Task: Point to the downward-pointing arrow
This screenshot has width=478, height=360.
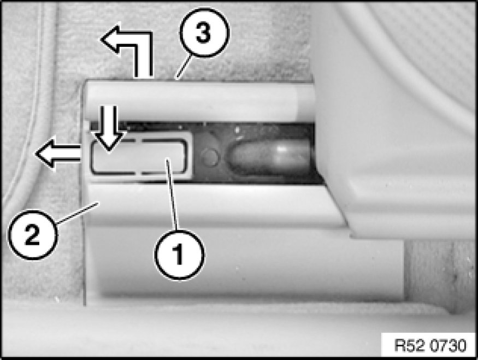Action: [x=109, y=128]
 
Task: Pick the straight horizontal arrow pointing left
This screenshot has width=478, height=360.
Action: [x=58, y=154]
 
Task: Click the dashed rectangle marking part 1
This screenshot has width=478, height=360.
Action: [x=139, y=157]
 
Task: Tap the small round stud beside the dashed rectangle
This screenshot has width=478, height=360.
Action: [x=210, y=157]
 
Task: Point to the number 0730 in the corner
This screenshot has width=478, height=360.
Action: [x=447, y=345]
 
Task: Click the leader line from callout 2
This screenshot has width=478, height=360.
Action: [x=77, y=214]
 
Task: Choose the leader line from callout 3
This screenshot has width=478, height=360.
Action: [x=184, y=67]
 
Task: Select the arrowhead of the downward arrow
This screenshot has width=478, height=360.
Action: [x=109, y=141]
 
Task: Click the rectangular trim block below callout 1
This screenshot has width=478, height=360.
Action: [x=244, y=265]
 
